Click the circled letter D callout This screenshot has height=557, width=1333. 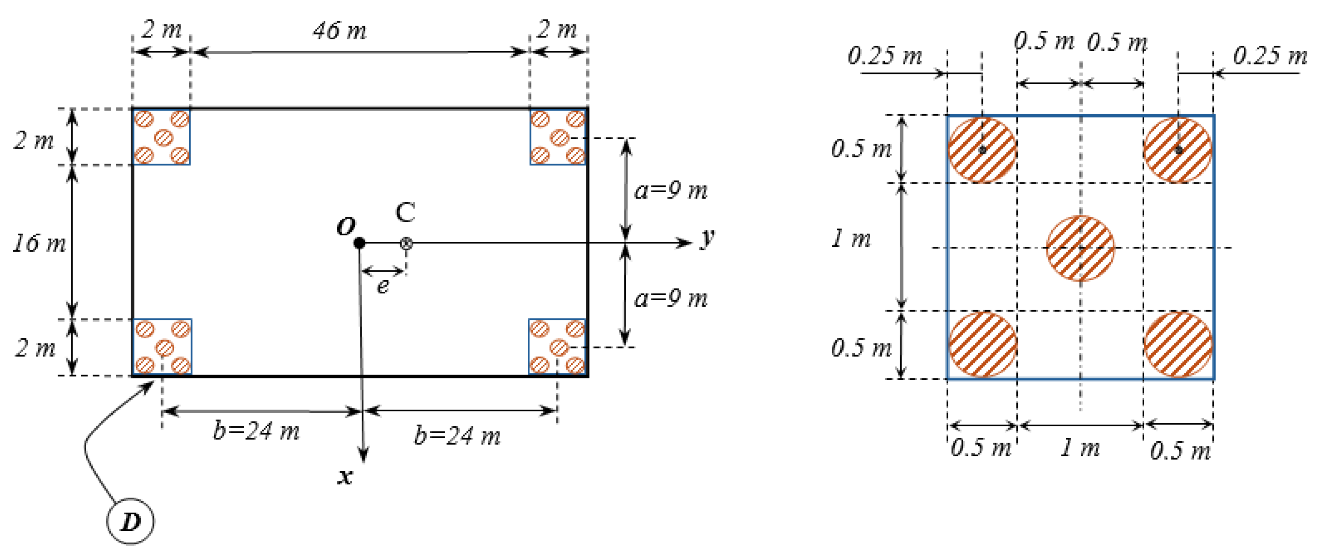[x=130, y=521]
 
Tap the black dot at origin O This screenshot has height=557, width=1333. [x=359, y=243]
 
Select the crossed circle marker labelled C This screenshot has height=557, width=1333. [x=406, y=243]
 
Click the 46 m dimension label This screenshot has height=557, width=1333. [x=339, y=31]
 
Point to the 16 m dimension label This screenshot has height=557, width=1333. [x=39, y=243]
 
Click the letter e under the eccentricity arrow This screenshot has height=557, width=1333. [x=383, y=286]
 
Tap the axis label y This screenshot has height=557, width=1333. [x=708, y=238]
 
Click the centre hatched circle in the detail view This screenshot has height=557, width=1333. [x=1080, y=248]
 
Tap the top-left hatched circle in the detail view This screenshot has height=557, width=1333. [x=982, y=150]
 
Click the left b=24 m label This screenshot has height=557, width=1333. [x=256, y=431]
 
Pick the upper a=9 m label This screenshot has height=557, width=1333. [x=671, y=191]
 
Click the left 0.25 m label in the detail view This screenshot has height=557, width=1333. [x=885, y=56]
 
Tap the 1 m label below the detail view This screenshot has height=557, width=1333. [x=1080, y=448]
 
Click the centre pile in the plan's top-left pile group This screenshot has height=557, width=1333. [x=164, y=138]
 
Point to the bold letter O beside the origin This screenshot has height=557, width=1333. [x=346, y=227]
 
